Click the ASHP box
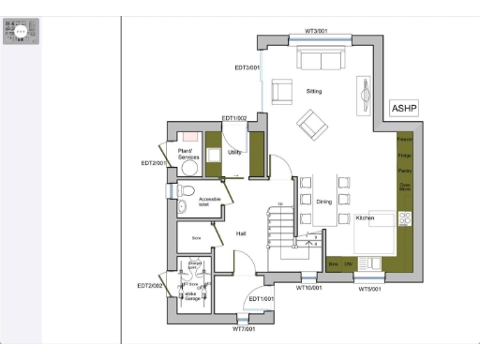[x=403, y=108]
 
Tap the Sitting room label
[x=314, y=91]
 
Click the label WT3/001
[x=317, y=32]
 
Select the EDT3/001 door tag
[x=247, y=67]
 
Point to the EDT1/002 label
[x=234, y=118]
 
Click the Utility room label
[x=235, y=151]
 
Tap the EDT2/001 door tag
[x=153, y=163]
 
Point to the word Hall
[x=241, y=233]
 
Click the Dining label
[x=323, y=202]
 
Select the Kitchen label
[x=366, y=217]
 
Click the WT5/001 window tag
[x=370, y=289]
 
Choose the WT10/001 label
[x=309, y=288]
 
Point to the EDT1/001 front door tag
[x=262, y=299]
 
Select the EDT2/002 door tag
[x=150, y=285]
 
